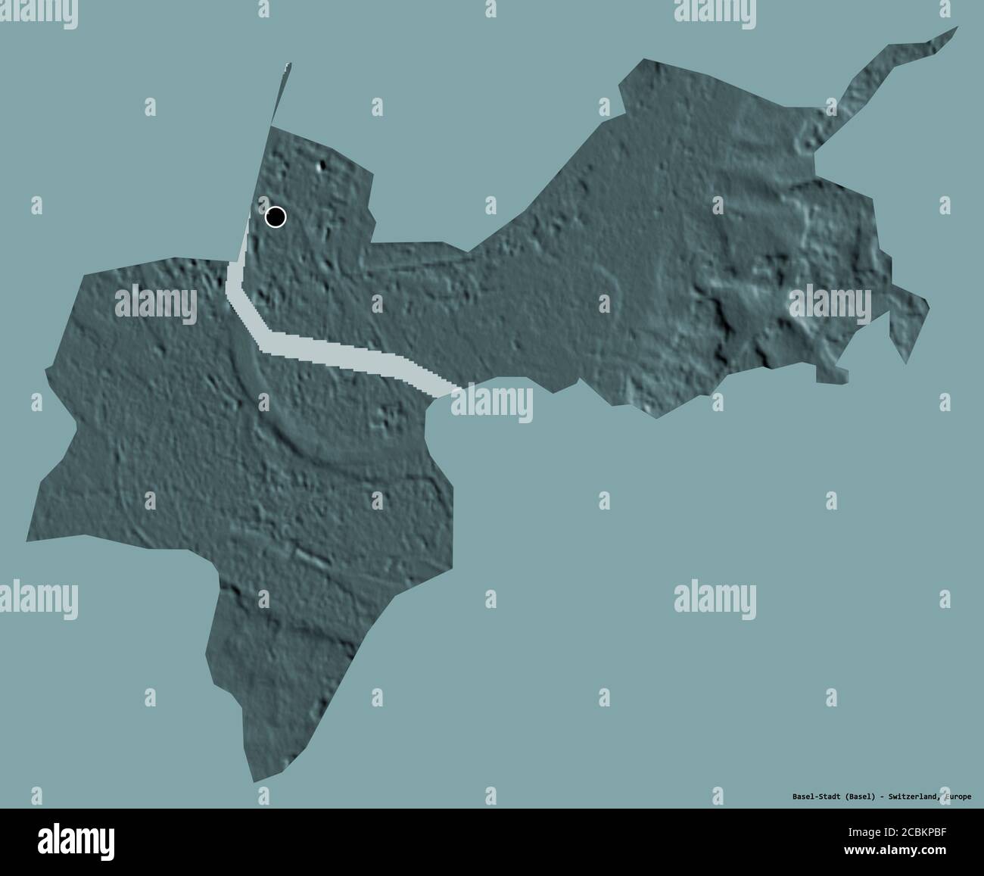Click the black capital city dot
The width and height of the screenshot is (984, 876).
point(276,217)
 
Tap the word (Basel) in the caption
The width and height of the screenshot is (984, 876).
point(861,797)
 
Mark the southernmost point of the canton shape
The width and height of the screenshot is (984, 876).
point(252,780)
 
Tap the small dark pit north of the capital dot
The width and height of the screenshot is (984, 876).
point(325,167)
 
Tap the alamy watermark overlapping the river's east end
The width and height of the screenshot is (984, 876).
point(492,402)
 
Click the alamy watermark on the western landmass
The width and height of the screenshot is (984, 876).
point(154,303)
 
